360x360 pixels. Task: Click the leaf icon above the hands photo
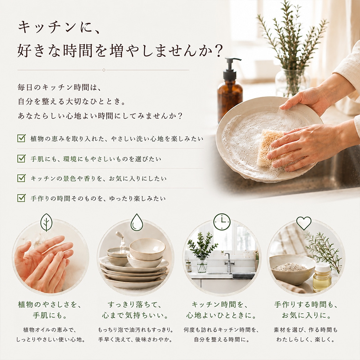(46, 222)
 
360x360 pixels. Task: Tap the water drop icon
(137, 222)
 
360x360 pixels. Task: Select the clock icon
(222, 222)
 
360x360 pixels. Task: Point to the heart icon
(304, 223)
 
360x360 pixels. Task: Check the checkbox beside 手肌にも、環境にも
(21, 159)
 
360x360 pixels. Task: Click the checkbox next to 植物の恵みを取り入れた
(21, 138)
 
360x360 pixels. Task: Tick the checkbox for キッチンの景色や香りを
(21, 178)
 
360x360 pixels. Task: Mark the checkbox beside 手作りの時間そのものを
(21, 198)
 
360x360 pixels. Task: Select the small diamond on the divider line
(104, 70)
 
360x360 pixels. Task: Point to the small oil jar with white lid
(322, 277)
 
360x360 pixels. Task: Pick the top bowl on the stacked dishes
(147, 249)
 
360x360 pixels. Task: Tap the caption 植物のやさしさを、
(50, 305)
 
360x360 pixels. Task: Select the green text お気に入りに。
(306, 315)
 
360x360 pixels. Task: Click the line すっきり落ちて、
(135, 305)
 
